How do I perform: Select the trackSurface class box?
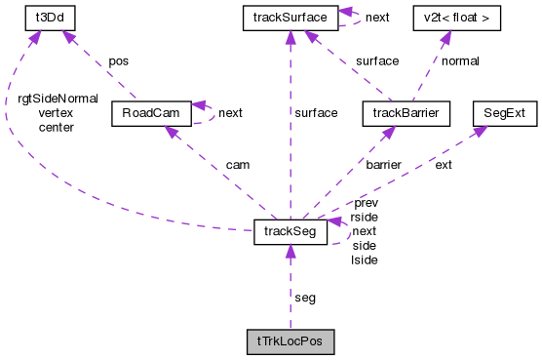(290, 18)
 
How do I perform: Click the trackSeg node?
(290, 231)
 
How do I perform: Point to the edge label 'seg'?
(305, 297)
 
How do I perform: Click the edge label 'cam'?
(237, 165)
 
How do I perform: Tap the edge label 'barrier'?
(384, 165)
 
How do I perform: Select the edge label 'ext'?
(444, 165)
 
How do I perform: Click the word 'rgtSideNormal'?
(58, 99)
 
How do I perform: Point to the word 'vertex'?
(56, 113)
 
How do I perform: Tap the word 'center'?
(56, 127)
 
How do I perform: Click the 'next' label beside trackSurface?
(376, 18)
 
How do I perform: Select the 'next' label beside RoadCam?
(231, 113)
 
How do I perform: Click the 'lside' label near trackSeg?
(364, 260)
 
